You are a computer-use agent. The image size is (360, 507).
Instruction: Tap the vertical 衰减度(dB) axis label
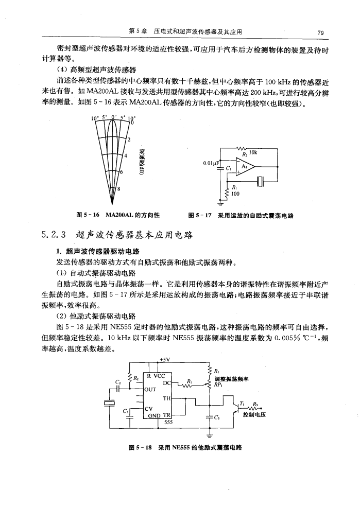[x=141, y=160]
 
